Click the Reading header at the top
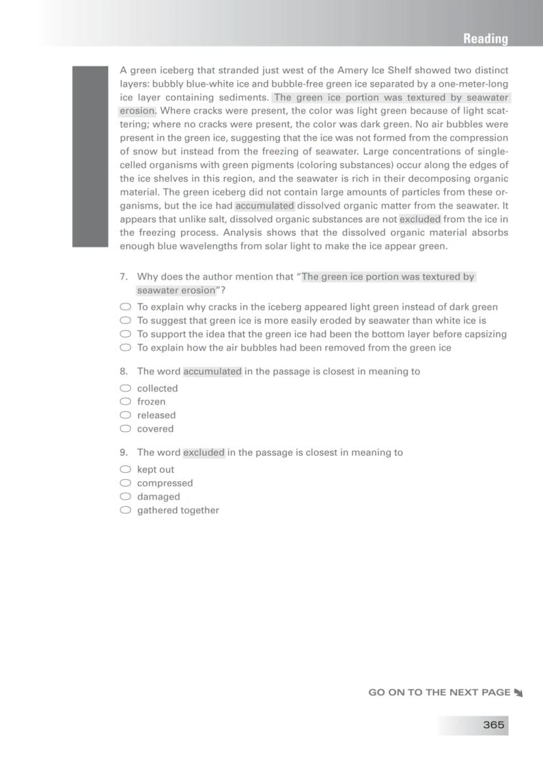click(485, 39)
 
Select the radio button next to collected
click(125, 388)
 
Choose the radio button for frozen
click(125, 401)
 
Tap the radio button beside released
click(125, 415)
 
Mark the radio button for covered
click(125, 429)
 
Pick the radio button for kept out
click(125, 470)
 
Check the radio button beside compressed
click(125, 483)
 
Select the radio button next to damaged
click(125, 496)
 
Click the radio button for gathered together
click(125, 510)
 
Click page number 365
click(493, 725)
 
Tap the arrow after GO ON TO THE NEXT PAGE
click(518, 693)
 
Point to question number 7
click(123, 277)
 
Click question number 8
click(123, 371)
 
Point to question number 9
click(123, 452)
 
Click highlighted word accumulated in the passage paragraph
click(265, 205)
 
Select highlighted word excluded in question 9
click(204, 452)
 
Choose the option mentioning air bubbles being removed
click(294, 348)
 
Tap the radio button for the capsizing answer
click(125, 334)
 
